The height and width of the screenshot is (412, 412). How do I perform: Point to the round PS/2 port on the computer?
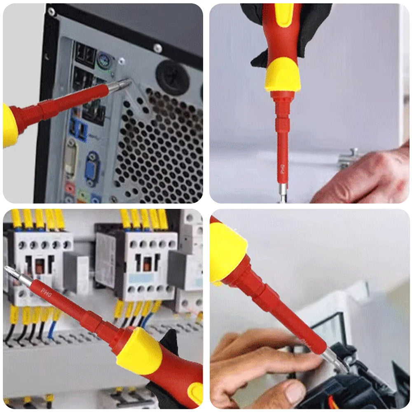[103, 62]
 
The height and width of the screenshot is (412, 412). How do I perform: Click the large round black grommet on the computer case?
[173, 76]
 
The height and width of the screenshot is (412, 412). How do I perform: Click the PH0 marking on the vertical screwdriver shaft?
[283, 170]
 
